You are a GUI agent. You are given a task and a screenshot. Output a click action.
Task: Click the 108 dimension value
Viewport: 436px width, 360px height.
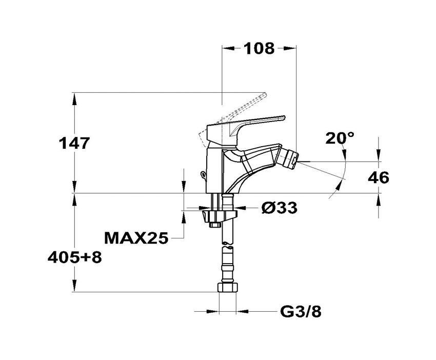click(259, 48)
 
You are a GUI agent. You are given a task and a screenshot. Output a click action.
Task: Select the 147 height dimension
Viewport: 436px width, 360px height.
click(74, 144)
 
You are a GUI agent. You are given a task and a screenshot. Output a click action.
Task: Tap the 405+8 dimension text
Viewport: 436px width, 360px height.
click(75, 258)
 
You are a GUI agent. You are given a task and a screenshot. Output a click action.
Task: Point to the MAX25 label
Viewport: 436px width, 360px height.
click(136, 238)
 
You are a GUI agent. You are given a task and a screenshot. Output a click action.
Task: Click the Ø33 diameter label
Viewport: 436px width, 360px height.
click(280, 207)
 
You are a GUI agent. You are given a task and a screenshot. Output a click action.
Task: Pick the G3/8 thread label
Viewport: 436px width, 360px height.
click(301, 312)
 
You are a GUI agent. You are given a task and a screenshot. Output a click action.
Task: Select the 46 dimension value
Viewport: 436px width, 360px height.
click(379, 177)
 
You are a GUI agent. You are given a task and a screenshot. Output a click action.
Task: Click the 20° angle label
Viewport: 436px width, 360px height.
click(340, 138)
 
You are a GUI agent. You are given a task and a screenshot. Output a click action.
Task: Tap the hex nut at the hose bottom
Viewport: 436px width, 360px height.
click(228, 287)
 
